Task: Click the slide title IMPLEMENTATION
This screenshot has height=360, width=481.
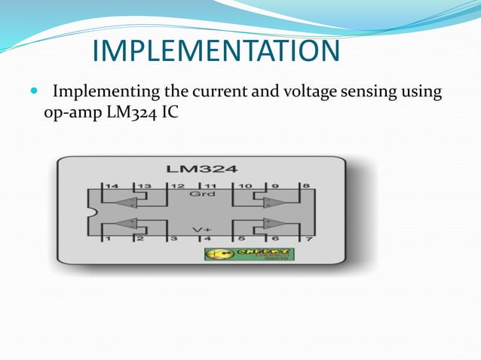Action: [x=216, y=51]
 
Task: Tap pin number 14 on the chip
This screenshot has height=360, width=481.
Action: [x=112, y=185]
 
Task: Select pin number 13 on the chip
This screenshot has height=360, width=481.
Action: [x=142, y=185]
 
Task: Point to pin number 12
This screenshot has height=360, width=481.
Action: [x=177, y=185]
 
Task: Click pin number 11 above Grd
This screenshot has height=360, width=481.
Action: [x=210, y=185]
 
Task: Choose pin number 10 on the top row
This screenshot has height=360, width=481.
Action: [x=245, y=185]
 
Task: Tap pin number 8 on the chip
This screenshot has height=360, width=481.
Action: [x=305, y=185]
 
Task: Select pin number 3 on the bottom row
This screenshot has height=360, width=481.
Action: [x=173, y=239]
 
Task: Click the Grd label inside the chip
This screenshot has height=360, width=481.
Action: [x=207, y=194]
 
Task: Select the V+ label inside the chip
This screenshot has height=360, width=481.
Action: [x=201, y=229]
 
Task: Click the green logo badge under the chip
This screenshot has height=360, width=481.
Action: [x=250, y=254]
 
